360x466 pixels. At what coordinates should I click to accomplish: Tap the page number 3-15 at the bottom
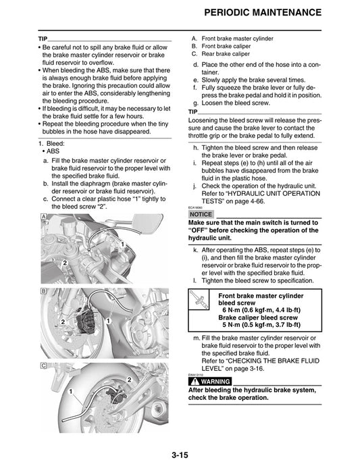[180, 455]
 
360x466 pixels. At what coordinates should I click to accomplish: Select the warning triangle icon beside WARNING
[196, 382]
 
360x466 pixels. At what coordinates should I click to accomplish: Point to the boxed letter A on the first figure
[43, 216]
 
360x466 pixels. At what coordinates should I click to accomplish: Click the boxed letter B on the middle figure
[43, 290]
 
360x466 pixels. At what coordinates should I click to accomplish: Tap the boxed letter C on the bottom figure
[43, 365]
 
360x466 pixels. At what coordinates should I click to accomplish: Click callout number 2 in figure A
[64, 261]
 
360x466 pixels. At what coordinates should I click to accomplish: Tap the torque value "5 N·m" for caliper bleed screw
[238, 326]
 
